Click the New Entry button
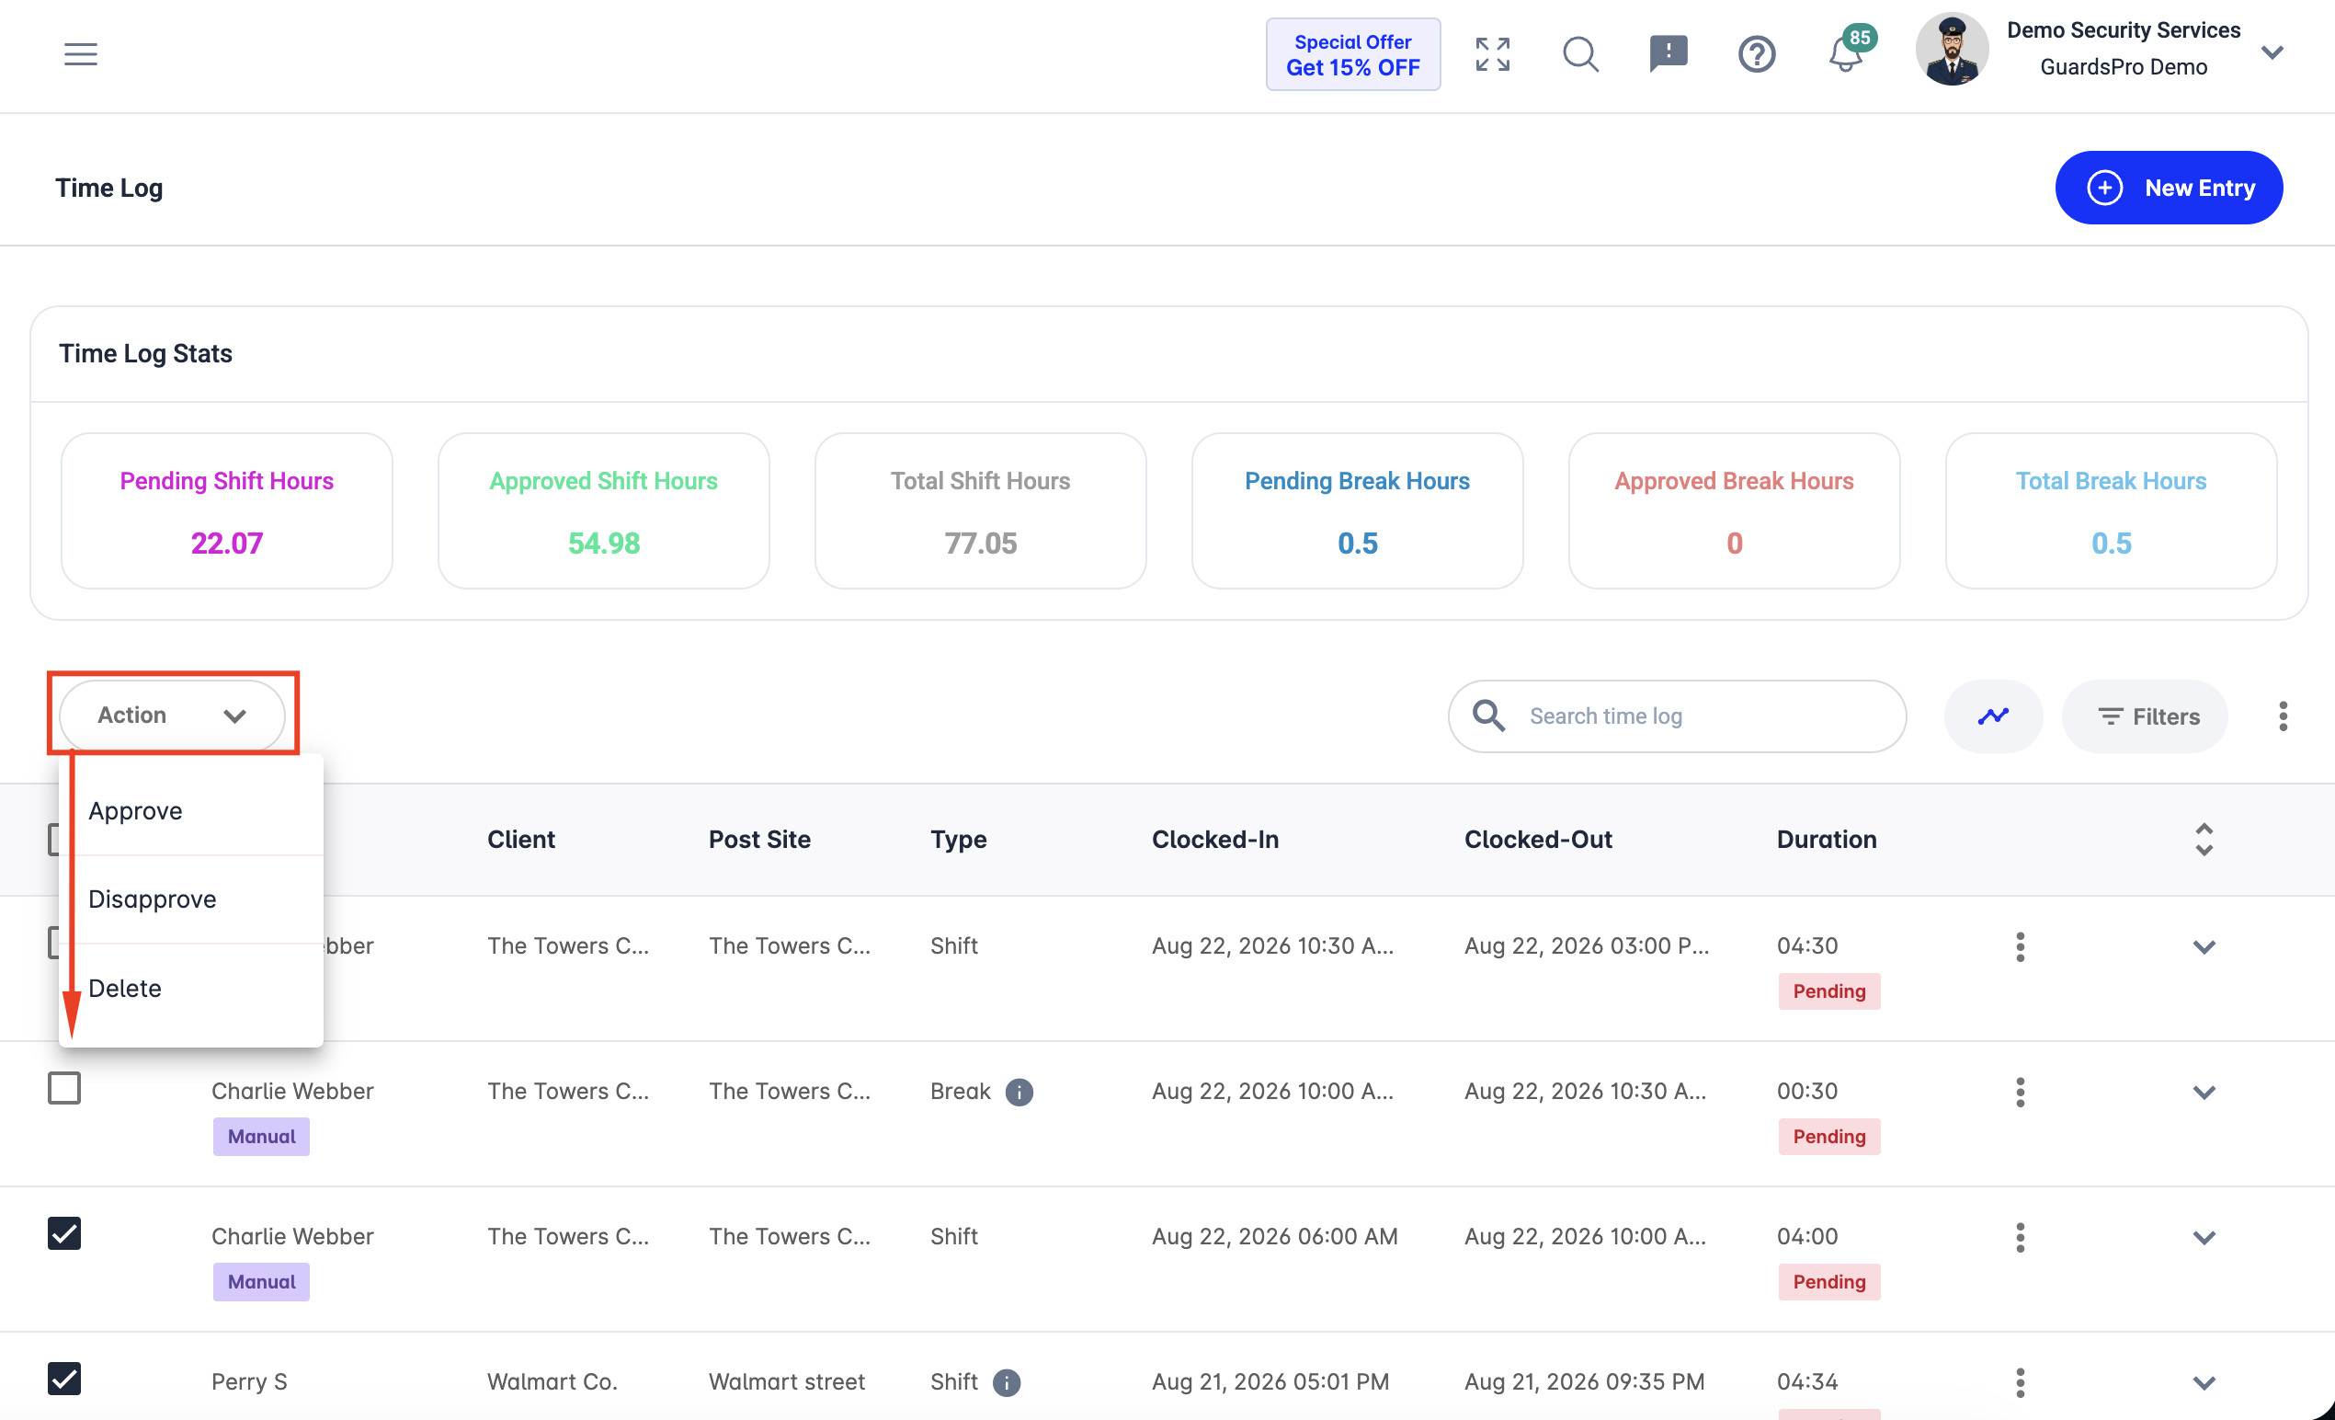click(x=2169, y=188)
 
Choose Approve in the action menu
click(x=135, y=811)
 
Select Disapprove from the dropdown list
click(x=153, y=899)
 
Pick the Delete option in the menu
click(x=125, y=989)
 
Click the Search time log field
click(x=1678, y=716)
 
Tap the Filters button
click(x=2146, y=716)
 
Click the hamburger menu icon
click(x=81, y=54)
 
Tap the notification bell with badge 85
click(x=1846, y=53)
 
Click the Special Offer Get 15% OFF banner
click(x=1352, y=54)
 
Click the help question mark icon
click(x=1757, y=54)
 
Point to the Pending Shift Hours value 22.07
click(x=226, y=544)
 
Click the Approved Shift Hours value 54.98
click(x=604, y=544)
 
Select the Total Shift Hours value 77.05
click(x=981, y=544)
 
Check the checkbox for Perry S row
click(x=64, y=1380)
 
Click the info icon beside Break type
click(x=1019, y=1092)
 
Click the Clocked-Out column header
click(x=1538, y=840)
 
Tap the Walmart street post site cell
click(x=787, y=1382)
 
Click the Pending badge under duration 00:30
click(x=1829, y=1137)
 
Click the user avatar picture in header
click(x=1952, y=51)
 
